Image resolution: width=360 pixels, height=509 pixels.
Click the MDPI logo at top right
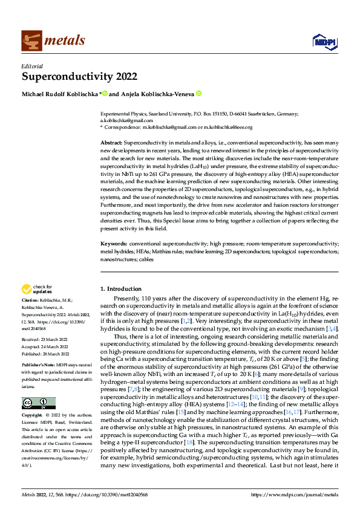click(x=321, y=41)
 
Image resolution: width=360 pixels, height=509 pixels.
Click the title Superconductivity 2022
click(x=79, y=77)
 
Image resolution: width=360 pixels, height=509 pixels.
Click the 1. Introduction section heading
click(x=121, y=289)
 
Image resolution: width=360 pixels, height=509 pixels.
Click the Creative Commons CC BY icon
click(x=39, y=403)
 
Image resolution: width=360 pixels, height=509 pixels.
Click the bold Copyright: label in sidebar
click(x=33, y=416)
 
